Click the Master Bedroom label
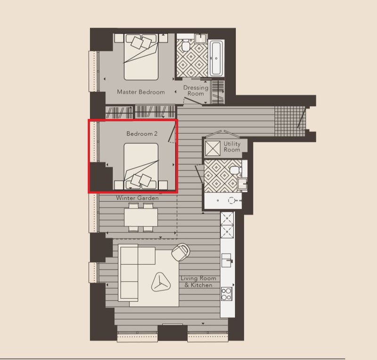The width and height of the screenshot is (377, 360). (x=141, y=92)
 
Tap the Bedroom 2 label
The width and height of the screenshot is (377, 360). (x=142, y=134)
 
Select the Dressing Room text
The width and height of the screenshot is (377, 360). (x=196, y=91)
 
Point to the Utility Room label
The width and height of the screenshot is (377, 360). (x=232, y=147)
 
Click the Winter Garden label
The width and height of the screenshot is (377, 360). (x=137, y=198)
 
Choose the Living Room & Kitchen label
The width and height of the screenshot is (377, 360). (x=198, y=282)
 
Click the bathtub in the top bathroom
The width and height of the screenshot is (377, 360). (x=217, y=59)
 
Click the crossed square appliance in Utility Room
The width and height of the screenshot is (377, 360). (x=213, y=148)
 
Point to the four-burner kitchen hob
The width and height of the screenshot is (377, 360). (x=227, y=294)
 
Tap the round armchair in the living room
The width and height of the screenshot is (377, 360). (x=180, y=252)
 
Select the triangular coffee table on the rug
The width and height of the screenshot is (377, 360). (x=161, y=282)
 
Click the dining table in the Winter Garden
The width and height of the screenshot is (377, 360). (x=141, y=217)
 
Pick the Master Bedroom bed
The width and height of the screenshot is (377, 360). (x=141, y=57)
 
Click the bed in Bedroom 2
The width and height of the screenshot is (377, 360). (x=141, y=166)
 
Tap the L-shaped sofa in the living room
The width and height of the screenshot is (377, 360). (x=137, y=273)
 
